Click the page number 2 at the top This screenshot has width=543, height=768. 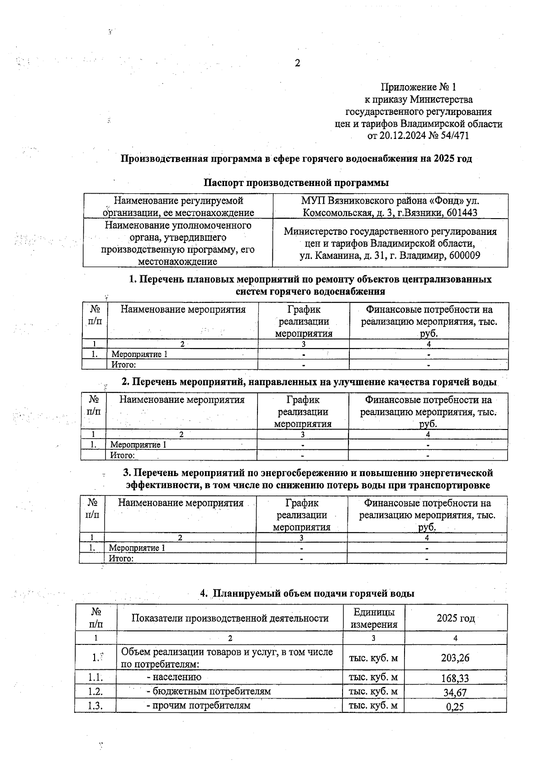[297, 63]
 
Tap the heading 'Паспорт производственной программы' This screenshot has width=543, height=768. [295, 183]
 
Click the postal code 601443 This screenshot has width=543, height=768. [462, 213]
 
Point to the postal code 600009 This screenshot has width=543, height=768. [464, 256]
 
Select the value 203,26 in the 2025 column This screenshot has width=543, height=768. [455, 658]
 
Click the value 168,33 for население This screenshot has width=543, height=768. [455, 678]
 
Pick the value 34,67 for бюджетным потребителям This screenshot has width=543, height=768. [455, 692]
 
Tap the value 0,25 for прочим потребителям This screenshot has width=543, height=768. [455, 706]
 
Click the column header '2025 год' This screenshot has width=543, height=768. [455, 618]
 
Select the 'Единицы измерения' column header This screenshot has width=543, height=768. [374, 618]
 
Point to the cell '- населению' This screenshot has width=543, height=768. [174, 677]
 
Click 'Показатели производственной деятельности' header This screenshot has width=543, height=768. [230, 618]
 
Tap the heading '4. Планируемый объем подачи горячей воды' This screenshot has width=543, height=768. [307, 593]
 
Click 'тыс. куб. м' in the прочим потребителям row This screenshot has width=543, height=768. [373, 706]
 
